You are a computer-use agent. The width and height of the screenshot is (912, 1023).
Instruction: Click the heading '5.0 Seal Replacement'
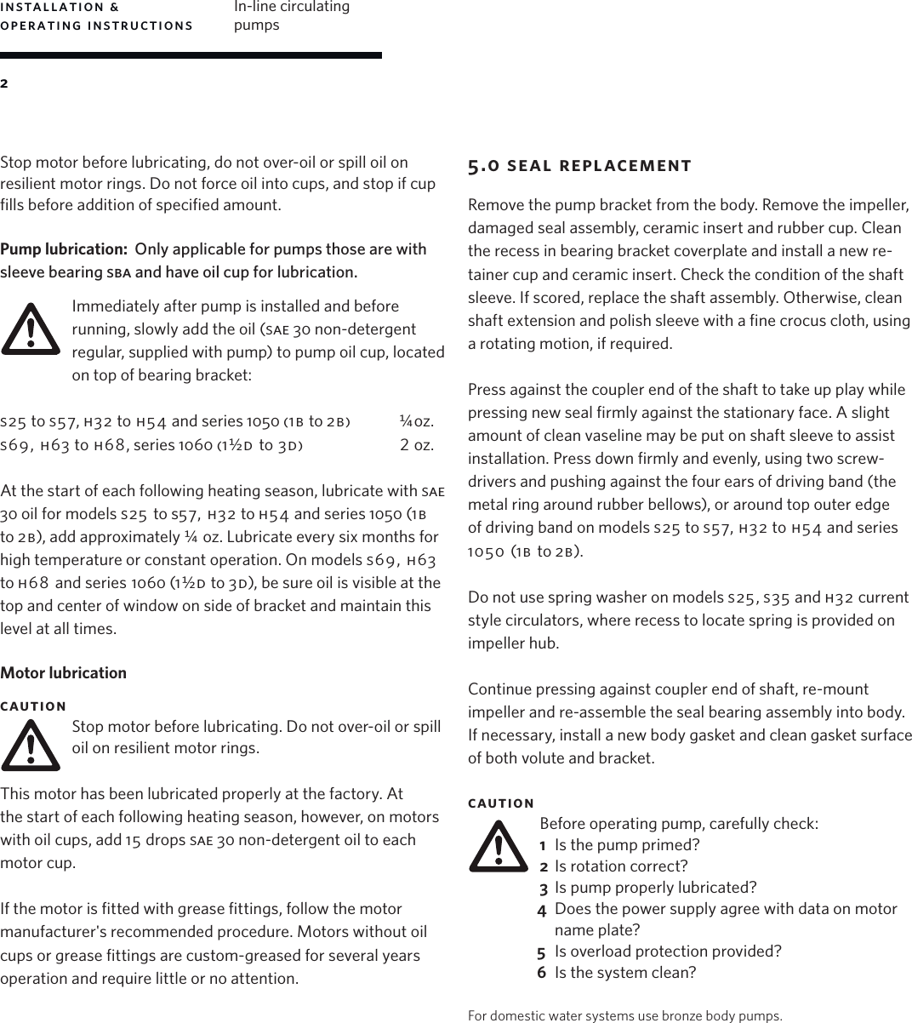point(579,165)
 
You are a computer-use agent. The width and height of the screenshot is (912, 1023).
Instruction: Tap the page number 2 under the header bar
point(4,83)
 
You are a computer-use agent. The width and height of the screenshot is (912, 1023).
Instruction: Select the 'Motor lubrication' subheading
point(64,672)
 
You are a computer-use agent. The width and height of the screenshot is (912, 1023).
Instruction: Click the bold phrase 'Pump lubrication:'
point(63,249)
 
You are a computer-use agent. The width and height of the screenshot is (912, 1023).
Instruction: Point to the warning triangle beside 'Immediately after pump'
point(31,329)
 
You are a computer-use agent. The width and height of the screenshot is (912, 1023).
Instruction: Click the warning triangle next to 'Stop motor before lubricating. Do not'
point(31,746)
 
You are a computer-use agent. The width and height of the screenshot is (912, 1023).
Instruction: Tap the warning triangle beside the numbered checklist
point(499,847)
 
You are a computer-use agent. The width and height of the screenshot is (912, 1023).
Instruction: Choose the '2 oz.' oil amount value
point(417,444)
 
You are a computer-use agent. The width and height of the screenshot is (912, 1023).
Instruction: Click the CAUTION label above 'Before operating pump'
point(501,803)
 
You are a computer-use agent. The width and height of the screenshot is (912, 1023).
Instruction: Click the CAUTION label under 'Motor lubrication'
point(33,706)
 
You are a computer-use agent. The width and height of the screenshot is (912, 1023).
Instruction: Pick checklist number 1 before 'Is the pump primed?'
point(543,845)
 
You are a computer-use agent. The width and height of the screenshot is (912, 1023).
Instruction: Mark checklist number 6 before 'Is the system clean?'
point(542,973)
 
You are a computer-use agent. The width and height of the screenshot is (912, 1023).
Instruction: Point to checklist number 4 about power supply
point(542,910)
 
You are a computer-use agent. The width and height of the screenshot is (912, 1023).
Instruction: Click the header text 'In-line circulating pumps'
point(291,15)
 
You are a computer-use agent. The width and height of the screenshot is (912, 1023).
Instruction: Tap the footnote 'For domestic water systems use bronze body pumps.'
point(625,1015)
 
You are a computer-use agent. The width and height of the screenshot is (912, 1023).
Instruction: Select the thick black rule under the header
point(191,55)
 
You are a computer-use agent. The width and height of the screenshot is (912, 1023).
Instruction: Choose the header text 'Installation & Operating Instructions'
point(96,15)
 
